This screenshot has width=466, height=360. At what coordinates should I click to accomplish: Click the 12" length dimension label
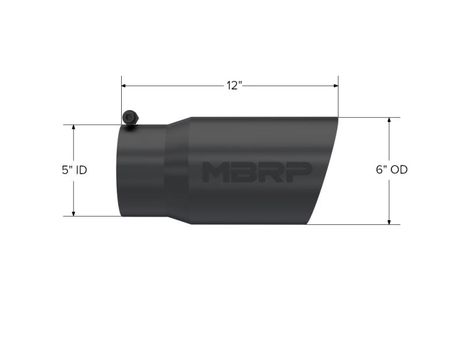pos(234,86)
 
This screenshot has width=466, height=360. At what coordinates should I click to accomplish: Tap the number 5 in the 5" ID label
pos(64,170)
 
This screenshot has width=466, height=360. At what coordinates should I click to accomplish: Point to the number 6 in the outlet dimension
pos(379,170)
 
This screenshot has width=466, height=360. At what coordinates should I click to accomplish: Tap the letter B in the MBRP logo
pos(240,172)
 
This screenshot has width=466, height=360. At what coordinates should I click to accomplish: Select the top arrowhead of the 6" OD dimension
pos(389,121)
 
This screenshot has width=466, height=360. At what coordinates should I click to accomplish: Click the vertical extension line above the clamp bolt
pos(121,96)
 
